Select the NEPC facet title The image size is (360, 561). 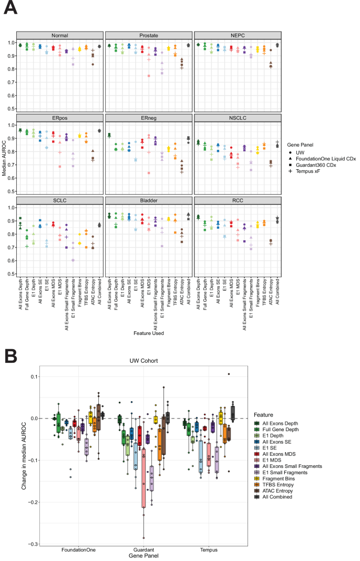[x=238, y=35]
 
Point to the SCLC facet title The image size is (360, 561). [x=59, y=200]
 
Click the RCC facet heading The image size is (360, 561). [x=238, y=200]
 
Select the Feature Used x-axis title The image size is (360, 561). [x=149, y=332]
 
